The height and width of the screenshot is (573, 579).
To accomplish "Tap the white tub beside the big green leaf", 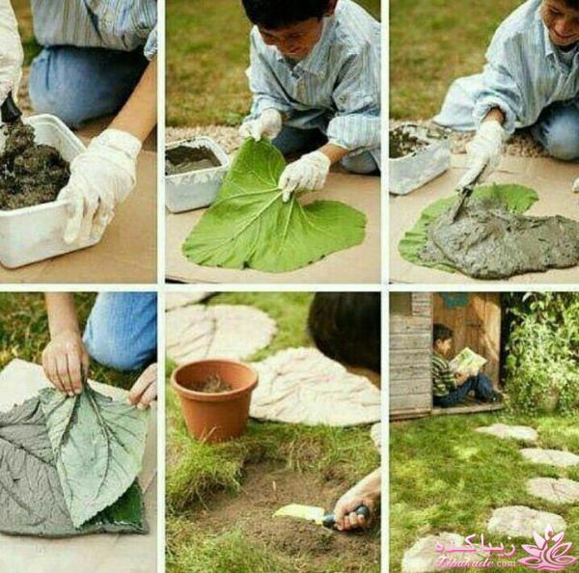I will pyautogui.click(x=193, y=174).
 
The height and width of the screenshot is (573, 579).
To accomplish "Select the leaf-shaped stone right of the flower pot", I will pyautogui.click(x=314, y=386).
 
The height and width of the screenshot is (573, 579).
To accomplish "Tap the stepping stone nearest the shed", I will pyautogui.click(x=506, y=432).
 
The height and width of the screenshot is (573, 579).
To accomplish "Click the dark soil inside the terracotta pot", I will pyautogui.click(x=213, y=385).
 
